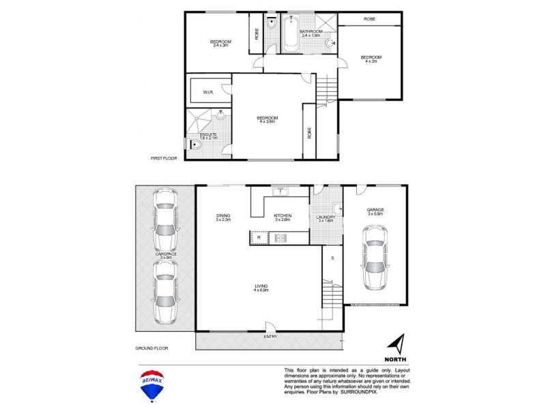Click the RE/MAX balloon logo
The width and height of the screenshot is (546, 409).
152,384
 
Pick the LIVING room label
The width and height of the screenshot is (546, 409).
261,286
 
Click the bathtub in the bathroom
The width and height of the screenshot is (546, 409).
290,34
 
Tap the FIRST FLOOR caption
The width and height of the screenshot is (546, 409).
164,158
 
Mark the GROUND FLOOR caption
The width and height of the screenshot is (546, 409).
151,348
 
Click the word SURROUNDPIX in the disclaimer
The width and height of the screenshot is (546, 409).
378,392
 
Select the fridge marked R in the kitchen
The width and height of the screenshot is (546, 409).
259,237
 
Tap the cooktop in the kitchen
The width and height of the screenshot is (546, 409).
280,238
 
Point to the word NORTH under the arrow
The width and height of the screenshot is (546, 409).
396,359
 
